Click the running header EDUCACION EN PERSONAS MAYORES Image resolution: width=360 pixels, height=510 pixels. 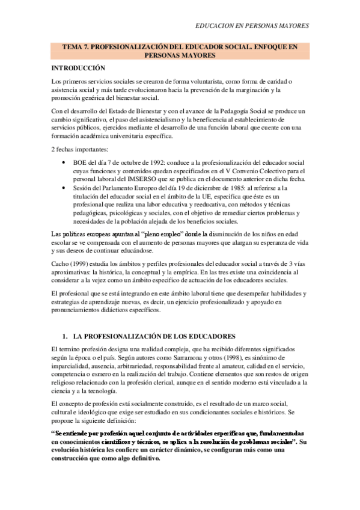pos(252,26)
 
